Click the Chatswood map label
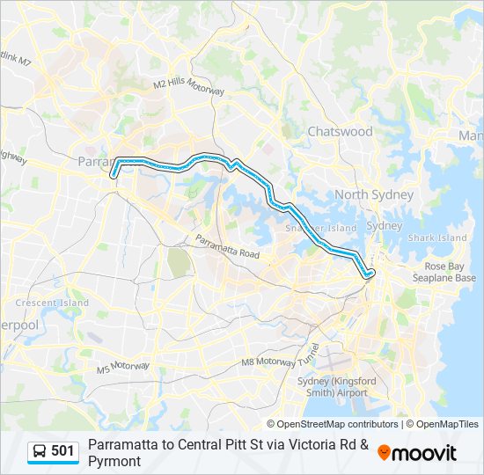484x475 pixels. [x=340, y=132]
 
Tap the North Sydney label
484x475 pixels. [x=373, y=194]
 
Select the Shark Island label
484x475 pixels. [x=436, y=237]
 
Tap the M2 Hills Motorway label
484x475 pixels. [x=189, y=86]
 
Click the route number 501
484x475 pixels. [x=62, y=451]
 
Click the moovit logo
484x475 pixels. [x=417, y=452]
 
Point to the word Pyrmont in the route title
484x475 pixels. [x=114, y=461]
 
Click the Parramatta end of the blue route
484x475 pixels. [x=114, y=177]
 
